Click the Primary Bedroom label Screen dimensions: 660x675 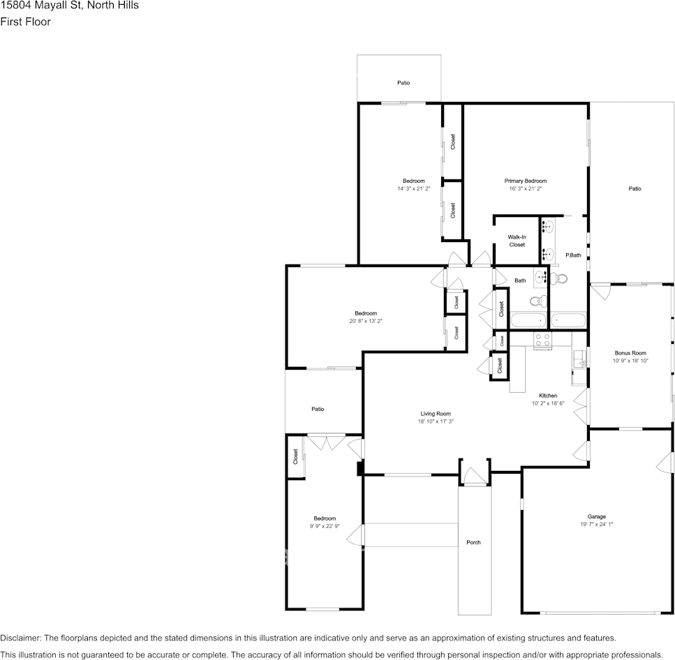tap(526, 181)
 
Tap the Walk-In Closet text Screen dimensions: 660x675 tap(517, 241)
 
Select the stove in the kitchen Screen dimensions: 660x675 tap(542, 339)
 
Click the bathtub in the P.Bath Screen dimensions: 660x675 tap(569, 321)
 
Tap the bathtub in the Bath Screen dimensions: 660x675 tap(528, 321)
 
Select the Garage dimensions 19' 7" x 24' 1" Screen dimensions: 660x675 tap(596, 525)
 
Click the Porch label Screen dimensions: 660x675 tap(473, 542)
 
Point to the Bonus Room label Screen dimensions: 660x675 tap(630, 353)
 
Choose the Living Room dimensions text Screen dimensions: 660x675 tap(436, 421)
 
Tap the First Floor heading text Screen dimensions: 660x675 tap(25, 22)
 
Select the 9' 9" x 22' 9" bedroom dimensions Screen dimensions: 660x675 tap(325, 526)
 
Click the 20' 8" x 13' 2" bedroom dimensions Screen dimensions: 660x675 tap(366, 321)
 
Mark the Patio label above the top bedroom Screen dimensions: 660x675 tap(403, 82)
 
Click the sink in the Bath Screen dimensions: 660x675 tap(541, 277)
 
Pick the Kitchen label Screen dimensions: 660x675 tap(548, 396)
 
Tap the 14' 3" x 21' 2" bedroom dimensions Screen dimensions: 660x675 tap(413, 188)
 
